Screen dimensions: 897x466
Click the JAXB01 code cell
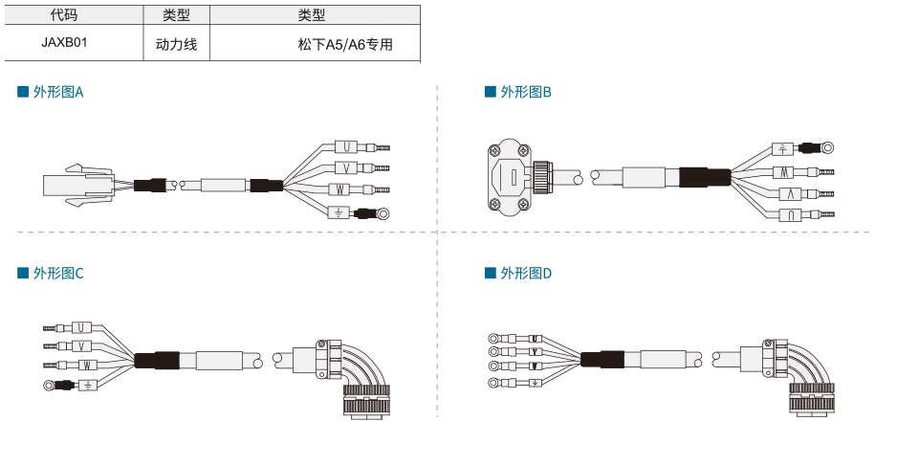64,42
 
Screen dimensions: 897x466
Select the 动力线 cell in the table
176,44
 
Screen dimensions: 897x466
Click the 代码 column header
64,15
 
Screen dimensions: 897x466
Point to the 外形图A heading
51,92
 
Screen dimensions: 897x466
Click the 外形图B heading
518,92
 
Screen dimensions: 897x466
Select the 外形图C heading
51,273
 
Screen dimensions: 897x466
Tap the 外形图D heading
518,273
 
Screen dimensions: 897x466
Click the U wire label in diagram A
346,147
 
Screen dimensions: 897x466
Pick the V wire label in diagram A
346,168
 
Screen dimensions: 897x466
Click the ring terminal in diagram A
383,214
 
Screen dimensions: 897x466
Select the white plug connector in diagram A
78,186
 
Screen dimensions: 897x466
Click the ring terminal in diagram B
827,147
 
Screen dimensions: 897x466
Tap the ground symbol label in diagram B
782,149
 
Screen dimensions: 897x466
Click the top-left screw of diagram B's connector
493,150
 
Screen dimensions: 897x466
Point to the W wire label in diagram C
87,365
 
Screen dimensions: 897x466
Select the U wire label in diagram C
81,327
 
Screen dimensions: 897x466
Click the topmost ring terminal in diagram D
493,339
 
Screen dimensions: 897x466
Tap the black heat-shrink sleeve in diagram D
602,359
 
